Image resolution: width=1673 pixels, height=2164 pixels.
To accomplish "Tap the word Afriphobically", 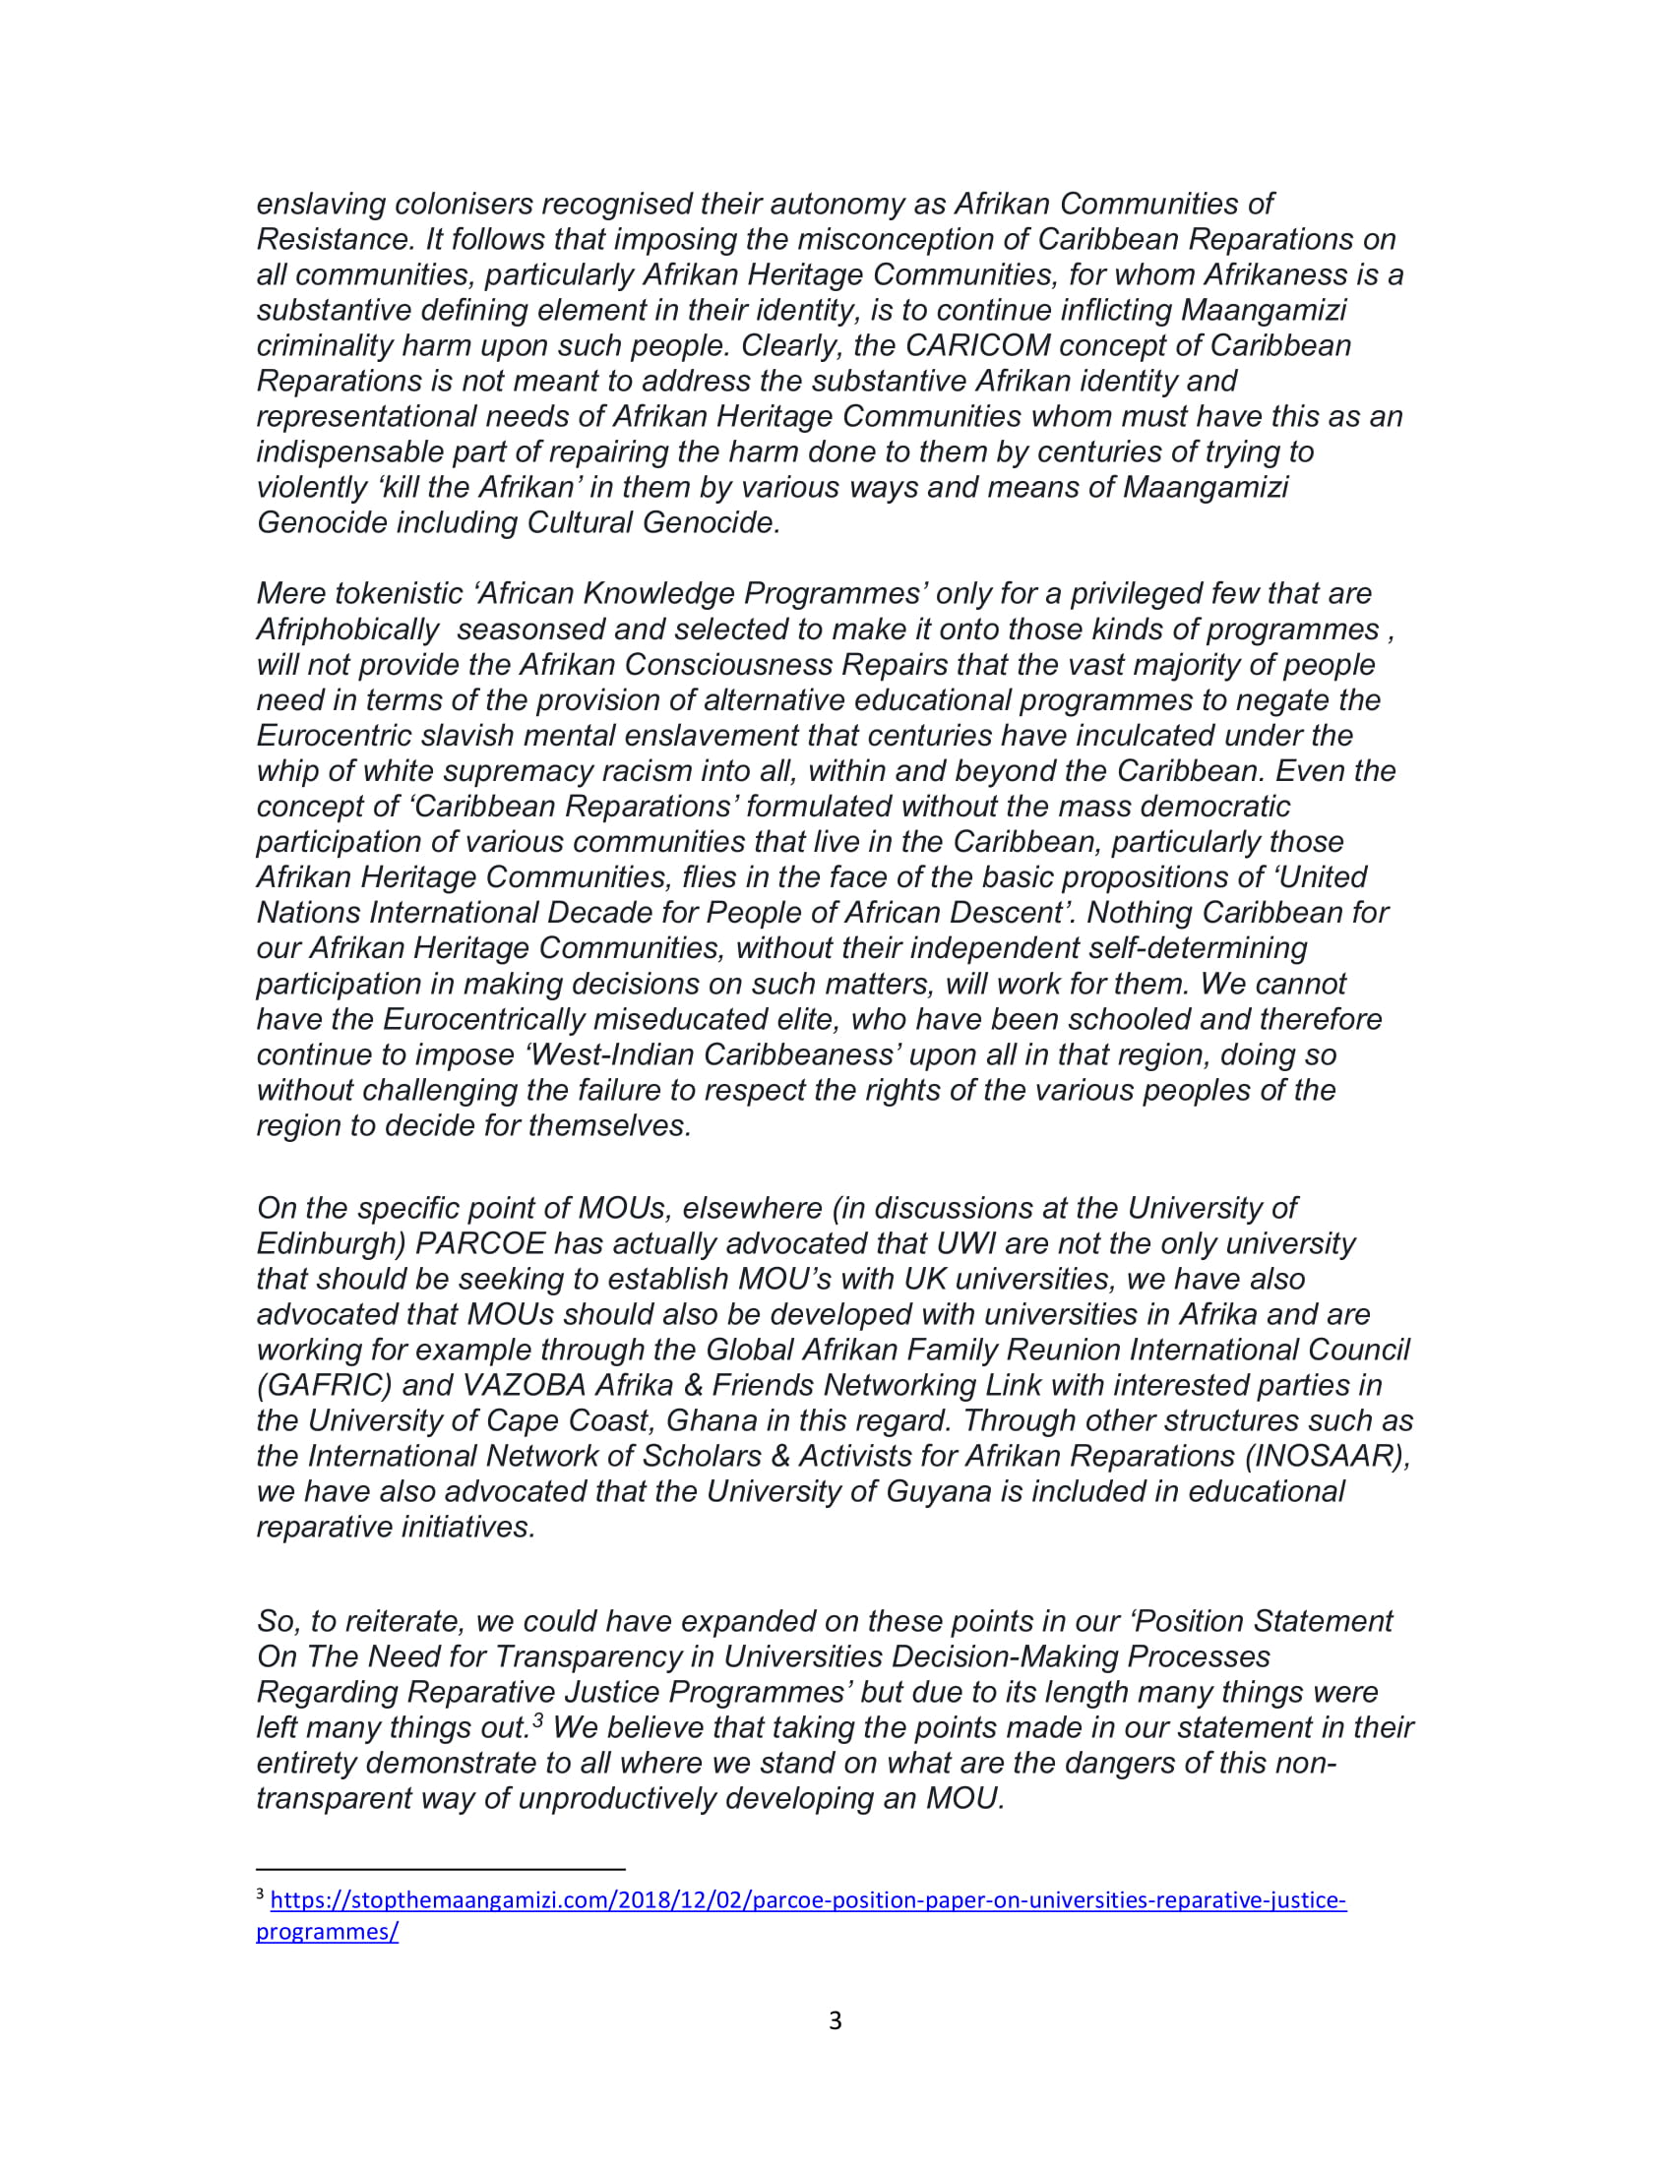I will point(346,631).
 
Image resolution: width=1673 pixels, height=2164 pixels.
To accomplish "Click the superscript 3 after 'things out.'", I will point(537,1720).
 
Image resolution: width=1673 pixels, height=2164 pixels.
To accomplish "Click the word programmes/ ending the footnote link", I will point(327,1931).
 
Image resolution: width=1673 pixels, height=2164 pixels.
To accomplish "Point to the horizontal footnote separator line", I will point(440,1869).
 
